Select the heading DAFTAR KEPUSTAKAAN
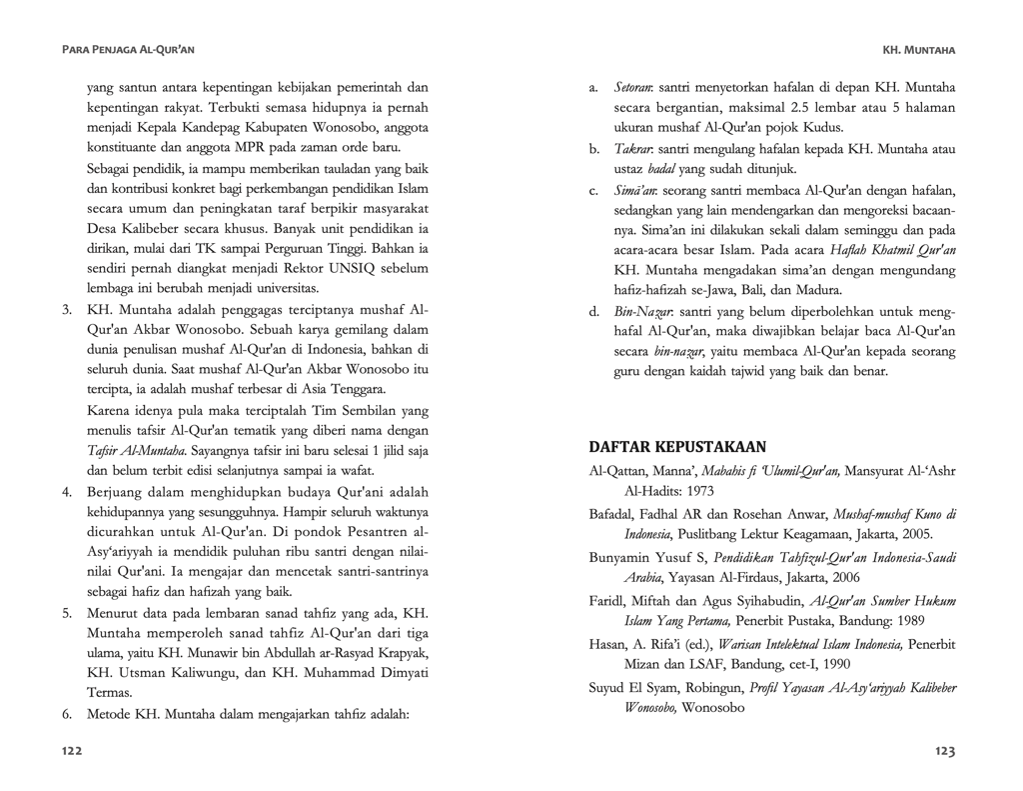(677, 446)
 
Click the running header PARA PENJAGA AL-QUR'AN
(128, 49)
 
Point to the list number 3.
(68, 310)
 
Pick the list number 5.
(68, 613)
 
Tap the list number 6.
(68, 715)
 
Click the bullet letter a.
(593, 88)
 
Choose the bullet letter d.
(593, 310)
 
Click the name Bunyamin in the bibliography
(620, 557)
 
